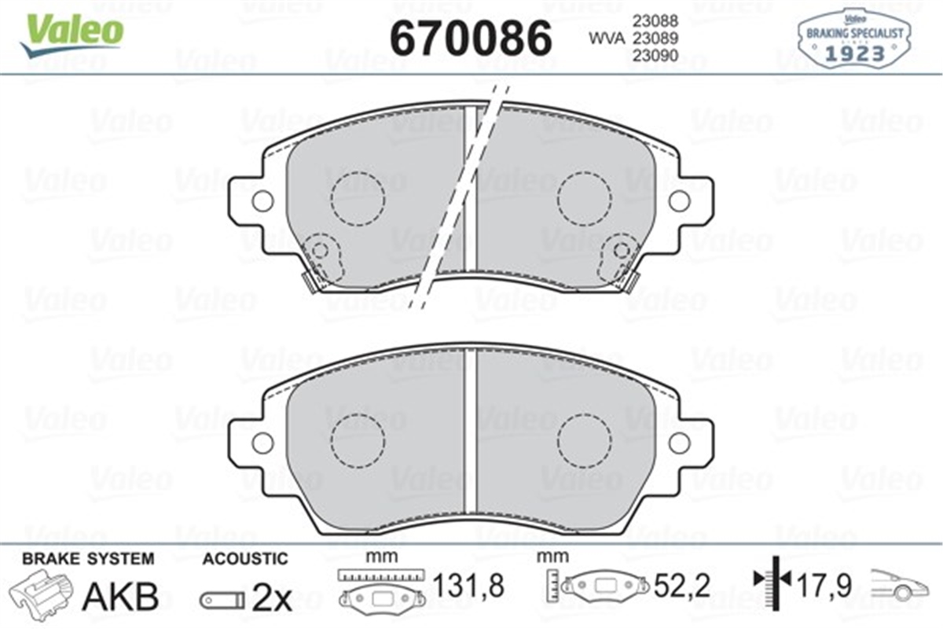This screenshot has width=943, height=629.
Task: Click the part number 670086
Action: [472, 37]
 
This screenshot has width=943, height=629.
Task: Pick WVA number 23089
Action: [652, 38]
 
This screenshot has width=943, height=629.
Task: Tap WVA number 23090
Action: [652, 55]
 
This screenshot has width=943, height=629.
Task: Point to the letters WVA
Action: [604, 38]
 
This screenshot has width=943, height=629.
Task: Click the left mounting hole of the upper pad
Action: [262, 200]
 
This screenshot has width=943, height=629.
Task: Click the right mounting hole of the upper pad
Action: [679, 200]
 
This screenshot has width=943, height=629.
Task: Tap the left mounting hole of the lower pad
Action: [262, 443]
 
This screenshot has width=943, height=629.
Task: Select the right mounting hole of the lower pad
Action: [679, 443]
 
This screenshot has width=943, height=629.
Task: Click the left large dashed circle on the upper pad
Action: [358, 197]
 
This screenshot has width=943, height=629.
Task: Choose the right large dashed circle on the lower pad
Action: [585, 440]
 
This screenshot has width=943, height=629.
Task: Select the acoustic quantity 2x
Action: [271, 599]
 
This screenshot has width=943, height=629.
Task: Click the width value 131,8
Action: [468, 585]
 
